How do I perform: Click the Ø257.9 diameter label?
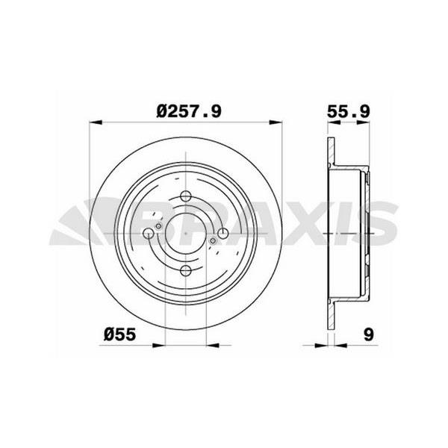point(189,111)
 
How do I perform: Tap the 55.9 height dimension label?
point(349,111)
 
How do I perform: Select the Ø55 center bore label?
point(119,335)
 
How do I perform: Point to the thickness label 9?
point(369,335)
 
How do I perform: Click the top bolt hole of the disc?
point(186,196)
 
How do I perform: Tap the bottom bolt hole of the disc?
point(186,270)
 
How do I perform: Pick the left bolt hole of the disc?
point(149,234)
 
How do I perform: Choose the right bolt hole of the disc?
point(223,234)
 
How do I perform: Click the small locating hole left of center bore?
point(158,226)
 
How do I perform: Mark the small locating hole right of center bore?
point(213,241)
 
